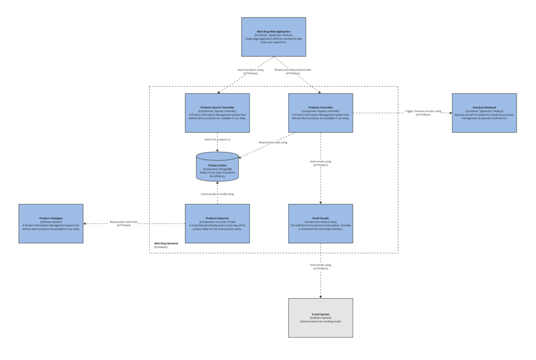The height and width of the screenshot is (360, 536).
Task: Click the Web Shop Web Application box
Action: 273,37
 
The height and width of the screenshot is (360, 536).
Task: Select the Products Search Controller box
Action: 217,113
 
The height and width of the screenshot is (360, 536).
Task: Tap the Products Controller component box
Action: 320,113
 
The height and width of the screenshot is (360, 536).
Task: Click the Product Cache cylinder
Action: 217,167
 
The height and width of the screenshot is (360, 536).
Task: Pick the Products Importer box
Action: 217,223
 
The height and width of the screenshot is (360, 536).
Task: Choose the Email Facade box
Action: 320,223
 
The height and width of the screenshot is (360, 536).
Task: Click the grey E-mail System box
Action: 320,318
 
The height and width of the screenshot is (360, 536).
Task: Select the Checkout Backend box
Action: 484,113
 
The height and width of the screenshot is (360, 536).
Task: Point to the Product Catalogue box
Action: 51,223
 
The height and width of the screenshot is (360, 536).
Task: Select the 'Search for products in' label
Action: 217,139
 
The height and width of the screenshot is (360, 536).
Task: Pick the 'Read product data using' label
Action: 273,142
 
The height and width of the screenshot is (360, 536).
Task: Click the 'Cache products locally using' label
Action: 217,194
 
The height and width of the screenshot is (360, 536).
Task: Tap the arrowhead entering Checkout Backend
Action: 450,113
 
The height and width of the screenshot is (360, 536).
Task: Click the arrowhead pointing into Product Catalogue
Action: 86,223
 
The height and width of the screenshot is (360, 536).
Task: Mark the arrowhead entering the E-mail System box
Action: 320,296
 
